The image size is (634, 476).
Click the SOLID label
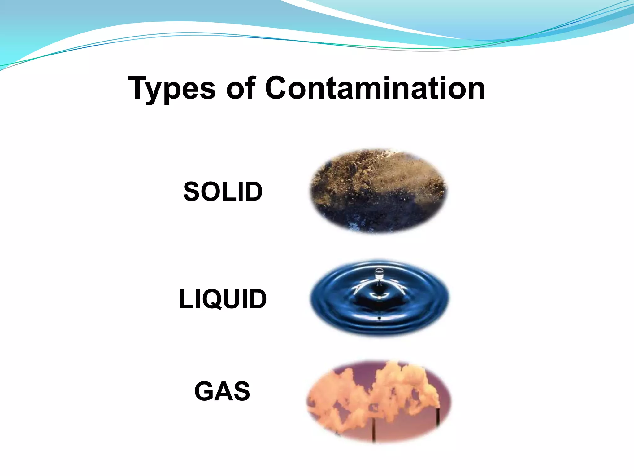click(223, 192)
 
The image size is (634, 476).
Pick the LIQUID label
click(223, 299)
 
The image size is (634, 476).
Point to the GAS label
click(222, 391)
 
